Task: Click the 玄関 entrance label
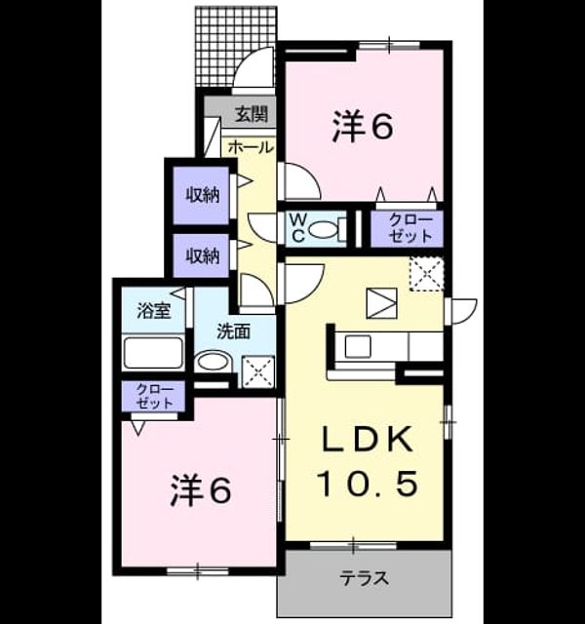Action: pos(251,115)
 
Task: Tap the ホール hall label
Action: pos(252,147)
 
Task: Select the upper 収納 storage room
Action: pos(202,195)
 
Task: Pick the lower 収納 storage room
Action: pos(202,255)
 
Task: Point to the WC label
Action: pos(298,227)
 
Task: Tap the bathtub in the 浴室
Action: pos(153,353)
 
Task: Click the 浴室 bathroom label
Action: pos(154,311)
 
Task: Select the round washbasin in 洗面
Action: pos(214,362)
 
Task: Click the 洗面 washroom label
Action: pos(234,331)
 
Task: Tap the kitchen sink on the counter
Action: pos(358,346)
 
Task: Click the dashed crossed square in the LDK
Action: pos(427,275)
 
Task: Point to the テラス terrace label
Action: pos(364,578)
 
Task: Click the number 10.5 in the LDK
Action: pos(369,484)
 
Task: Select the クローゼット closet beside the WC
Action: pos(407,228)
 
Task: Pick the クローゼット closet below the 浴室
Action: pos(154,397)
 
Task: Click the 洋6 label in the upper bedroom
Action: pos(363,126)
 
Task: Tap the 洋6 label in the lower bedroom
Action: pos(201,491)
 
